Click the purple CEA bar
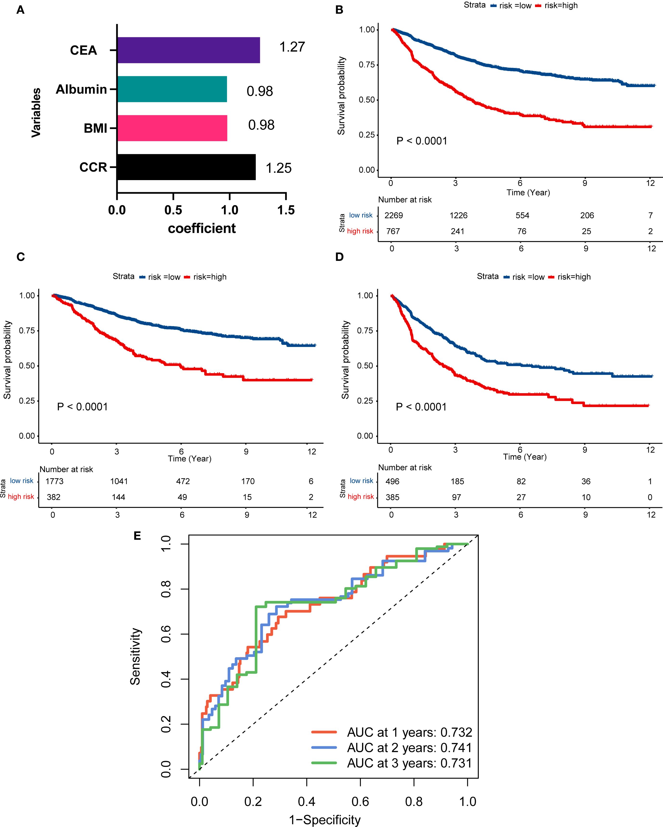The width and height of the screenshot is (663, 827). pyautogui.click(x=188, y=50)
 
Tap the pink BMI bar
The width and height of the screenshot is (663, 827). pyautogui.click(x=172, y=128)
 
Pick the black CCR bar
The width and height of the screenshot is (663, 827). pyautogui.click(x=186, y=167)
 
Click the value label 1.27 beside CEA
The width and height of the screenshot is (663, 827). pyautogui.click(x=292, y=47)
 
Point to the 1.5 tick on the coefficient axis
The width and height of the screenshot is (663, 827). pyautogui.click(x=286, y=210)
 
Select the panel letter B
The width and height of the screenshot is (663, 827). pyautogui.click(x=339, y=10)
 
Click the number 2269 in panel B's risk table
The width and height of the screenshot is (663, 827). pyautogui.click(x=394, y=215)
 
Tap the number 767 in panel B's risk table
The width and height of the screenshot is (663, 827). pyautogui.click(x=393, y=231)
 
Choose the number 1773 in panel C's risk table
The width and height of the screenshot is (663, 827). pyautogui.click(x=54, y=481)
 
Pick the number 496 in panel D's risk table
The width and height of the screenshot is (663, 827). pyautogui.click(x=393, y=481)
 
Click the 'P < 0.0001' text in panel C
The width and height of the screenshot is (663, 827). pyautogui.click(x=83, y=407)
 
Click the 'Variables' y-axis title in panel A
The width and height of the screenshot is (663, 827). pyautogui.click(x=36, y=112)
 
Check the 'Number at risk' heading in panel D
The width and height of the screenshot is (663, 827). pyautogui.click(x=405, y=467)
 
